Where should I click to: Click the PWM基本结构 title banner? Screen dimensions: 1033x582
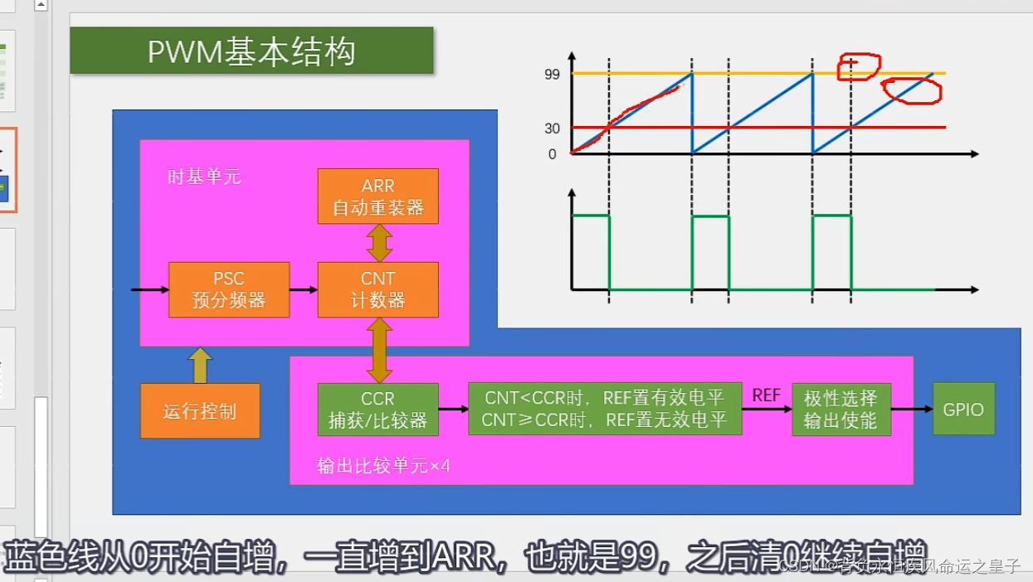(251, 51)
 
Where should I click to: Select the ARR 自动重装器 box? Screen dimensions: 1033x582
(378, 196)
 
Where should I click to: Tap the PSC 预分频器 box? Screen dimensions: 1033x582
(229, 289)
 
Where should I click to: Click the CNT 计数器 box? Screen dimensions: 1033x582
(378, 289)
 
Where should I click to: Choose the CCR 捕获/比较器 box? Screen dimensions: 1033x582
(378, 410)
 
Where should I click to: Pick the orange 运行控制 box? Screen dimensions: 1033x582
(200, 410)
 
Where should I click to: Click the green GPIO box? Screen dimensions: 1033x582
(963, 410)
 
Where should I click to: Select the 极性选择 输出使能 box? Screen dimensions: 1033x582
(841, 410)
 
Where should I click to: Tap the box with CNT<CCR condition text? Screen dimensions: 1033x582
(605, 410)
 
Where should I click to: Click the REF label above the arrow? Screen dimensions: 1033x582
(766, 395)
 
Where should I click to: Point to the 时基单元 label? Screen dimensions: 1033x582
(204, 177)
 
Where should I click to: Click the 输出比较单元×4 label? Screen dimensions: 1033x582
(383, 466)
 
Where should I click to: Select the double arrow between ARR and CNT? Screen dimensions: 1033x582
(379, 243)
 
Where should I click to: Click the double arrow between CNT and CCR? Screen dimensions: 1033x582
(379, 351)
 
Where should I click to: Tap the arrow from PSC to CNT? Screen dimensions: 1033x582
(304, 290)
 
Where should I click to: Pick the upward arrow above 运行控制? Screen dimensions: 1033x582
(200, 365)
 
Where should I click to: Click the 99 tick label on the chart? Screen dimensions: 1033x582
(552, 75)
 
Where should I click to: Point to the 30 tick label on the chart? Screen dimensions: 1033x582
(552, 129)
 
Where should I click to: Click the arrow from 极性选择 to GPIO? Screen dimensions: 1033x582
(913, 410)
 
